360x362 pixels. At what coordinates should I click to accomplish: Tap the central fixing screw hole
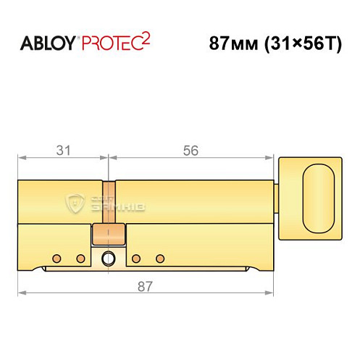coord(109,258)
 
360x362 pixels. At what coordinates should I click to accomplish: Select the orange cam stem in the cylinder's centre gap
coord(108,202)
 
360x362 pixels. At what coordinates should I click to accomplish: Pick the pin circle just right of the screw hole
coord(135,258)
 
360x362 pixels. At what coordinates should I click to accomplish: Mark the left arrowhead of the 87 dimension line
coord(21,293)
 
